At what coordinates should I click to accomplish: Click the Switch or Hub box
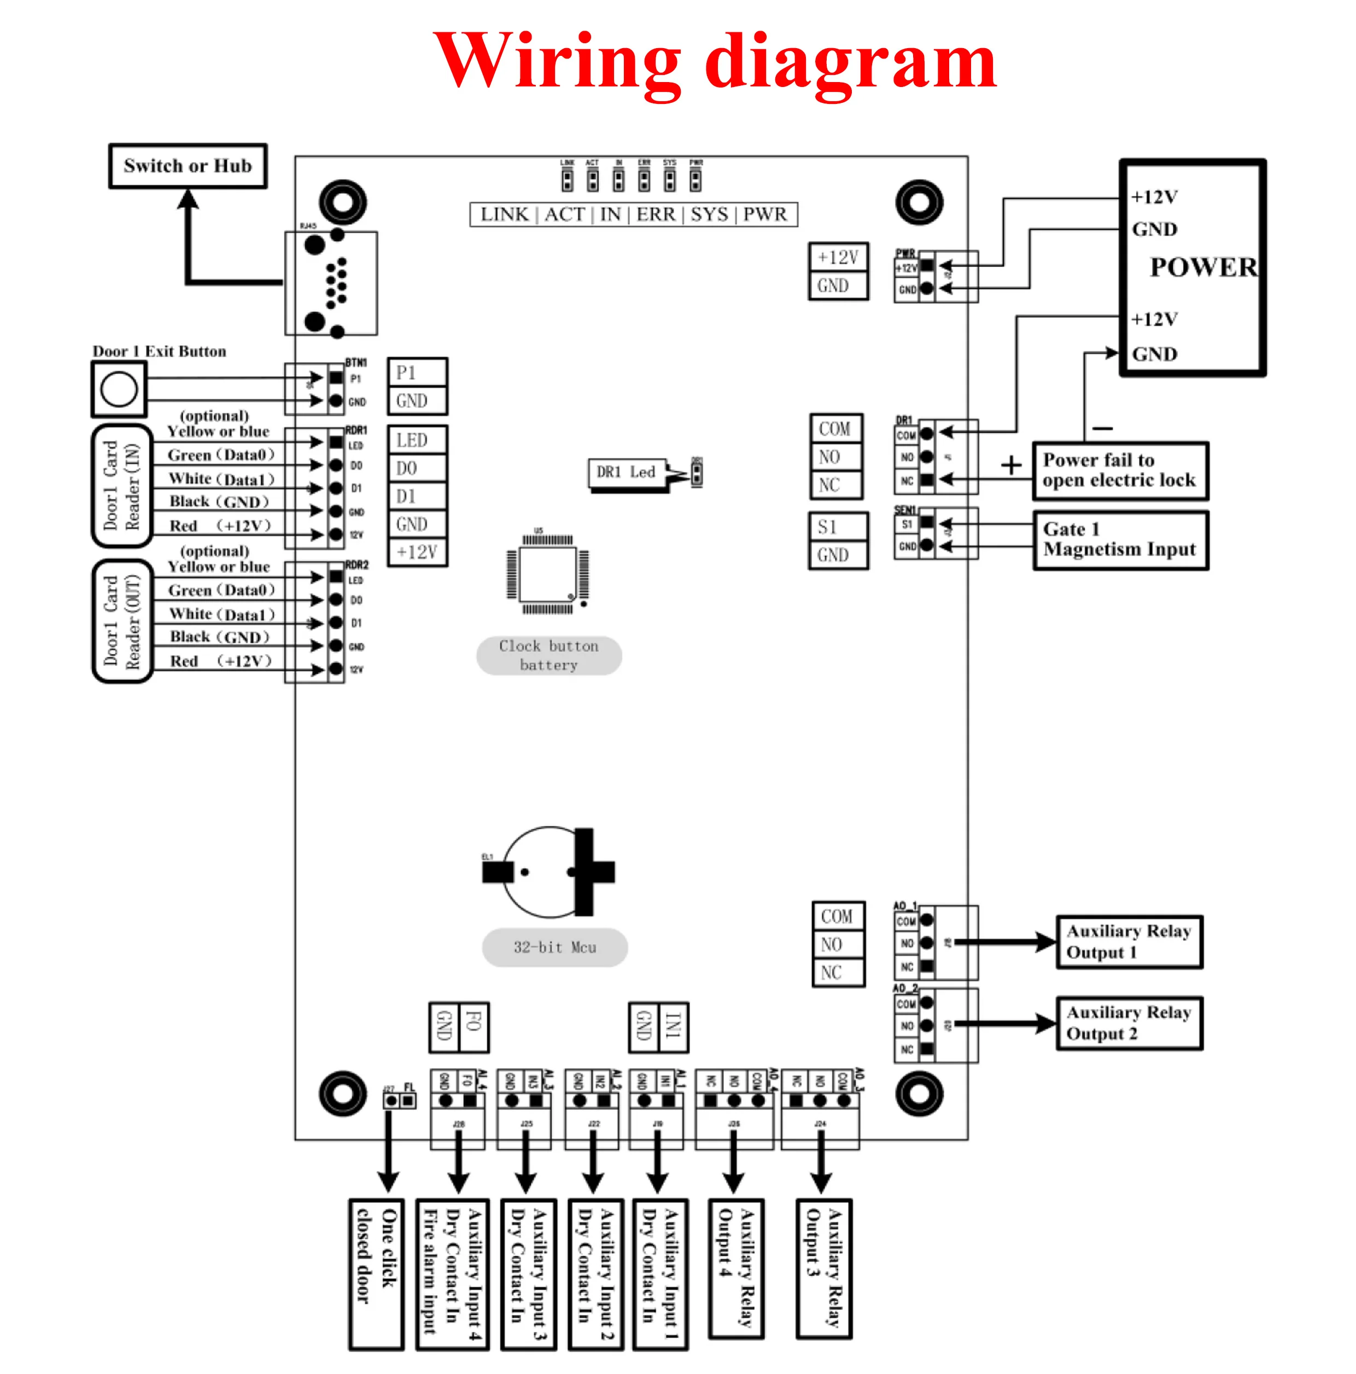(187, 166)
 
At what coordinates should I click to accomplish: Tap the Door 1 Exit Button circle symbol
(119, 388)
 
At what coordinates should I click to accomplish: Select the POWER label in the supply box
(1202, 267)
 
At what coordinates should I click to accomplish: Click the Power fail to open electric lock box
(1119, 470)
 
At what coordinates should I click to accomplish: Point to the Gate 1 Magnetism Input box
(1119, 539)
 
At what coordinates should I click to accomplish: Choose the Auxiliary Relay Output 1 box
(1129, 941)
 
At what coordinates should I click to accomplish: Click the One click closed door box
(376, 1272)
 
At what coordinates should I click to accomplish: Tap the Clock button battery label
(548, 655)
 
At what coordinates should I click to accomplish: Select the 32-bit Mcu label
(554, 947)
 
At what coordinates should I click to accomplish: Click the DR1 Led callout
(626, 472)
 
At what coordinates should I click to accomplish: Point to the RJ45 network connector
(331, 282)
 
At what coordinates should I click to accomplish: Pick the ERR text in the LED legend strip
(655, 214)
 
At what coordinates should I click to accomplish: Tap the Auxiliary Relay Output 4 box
(736, 1268)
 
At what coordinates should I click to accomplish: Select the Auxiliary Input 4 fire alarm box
(452, 1272)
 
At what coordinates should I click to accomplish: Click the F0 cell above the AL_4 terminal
(474, 1026)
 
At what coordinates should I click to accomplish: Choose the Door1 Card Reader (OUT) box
(122, 621)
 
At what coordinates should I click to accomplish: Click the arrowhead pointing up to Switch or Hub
(188, 199)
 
